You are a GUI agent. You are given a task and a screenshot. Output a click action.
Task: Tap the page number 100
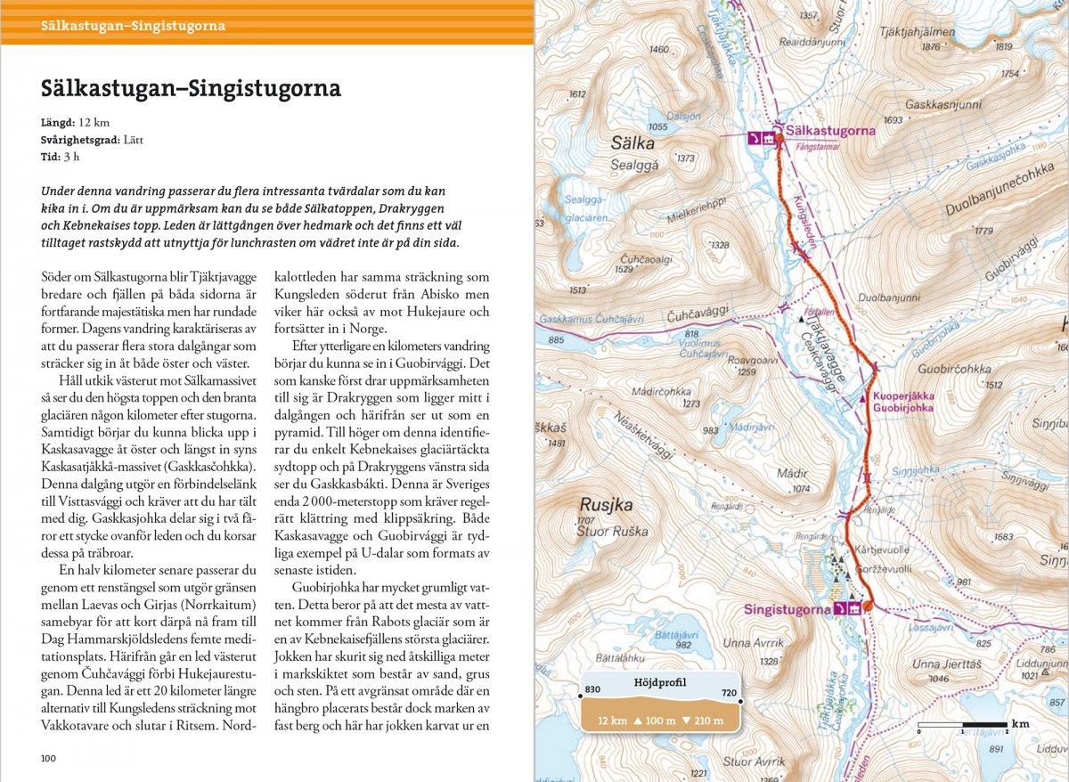click(x=48, y=758)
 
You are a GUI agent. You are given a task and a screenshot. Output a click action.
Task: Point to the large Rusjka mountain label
click(x=606, y=504)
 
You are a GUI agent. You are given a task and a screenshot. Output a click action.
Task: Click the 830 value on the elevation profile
click(x=593, y=689)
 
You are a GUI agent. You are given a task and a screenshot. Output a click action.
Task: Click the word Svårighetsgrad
click(x=78, y=140)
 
